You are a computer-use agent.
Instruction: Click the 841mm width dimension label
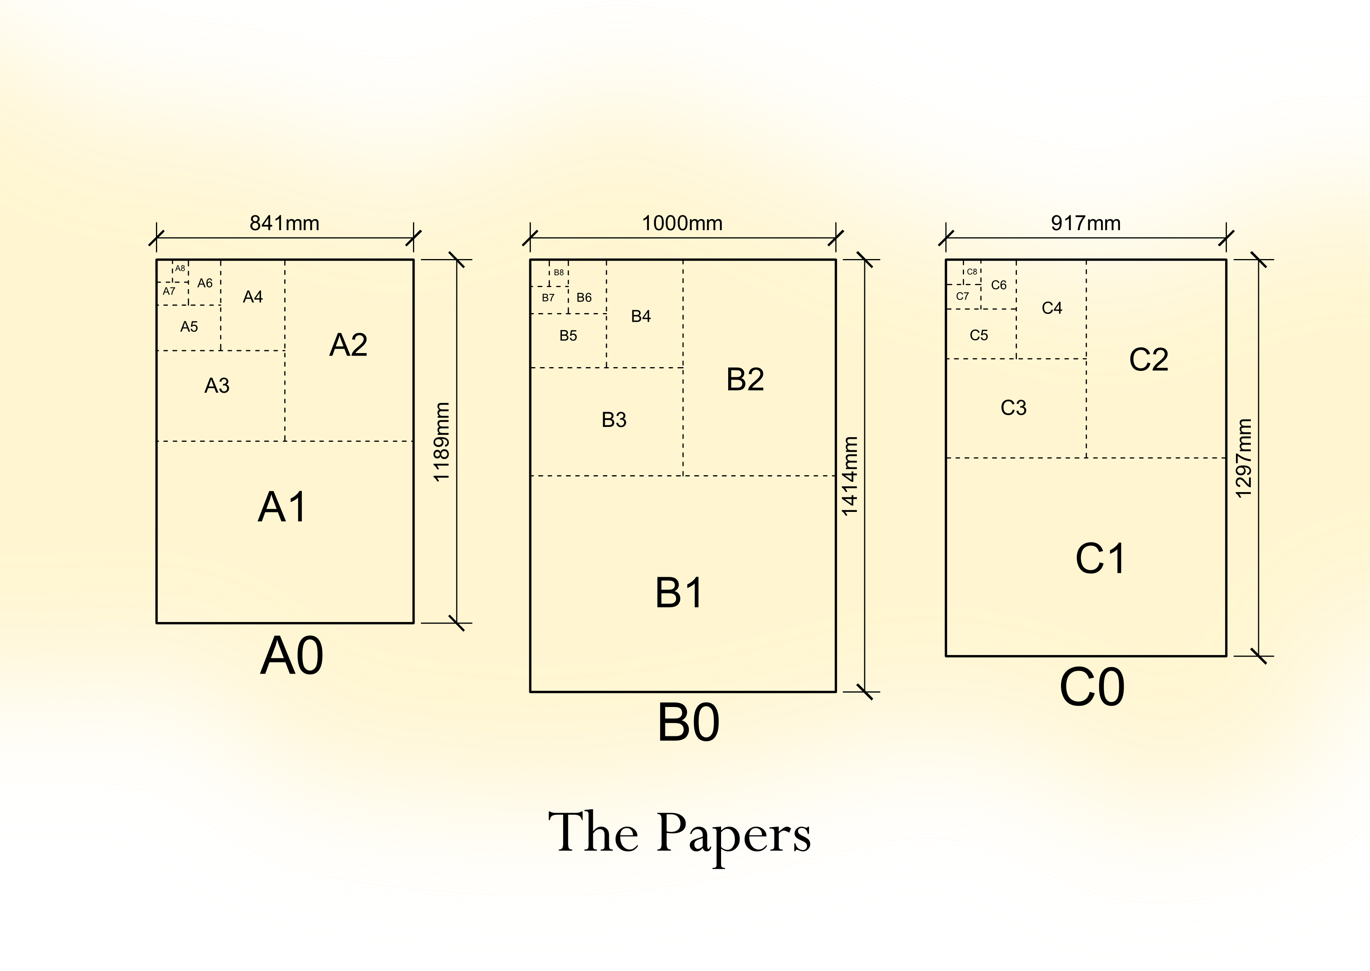click(x=284, y=224)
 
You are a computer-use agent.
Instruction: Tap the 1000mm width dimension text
click(x=682, y=224)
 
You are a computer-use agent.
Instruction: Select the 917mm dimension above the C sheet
click(x=1085, y=224)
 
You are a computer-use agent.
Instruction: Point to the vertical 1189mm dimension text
click(x=441, y=442)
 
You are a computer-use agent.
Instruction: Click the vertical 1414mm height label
click(x=850, y=476)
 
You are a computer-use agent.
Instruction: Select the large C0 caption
click(x=1092, y=688)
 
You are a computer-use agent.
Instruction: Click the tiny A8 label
click(x=180, y=269)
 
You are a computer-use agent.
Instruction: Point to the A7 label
click(x=169, y=291)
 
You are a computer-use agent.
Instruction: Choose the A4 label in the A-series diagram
click(x=253, y=297)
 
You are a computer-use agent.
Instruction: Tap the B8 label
click(x=559, y=272)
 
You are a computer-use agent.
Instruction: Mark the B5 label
click(x=568, y=335)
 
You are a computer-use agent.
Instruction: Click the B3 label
click(x=614, y=420)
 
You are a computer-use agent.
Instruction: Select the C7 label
click(x=962, y=296)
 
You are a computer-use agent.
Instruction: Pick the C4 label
click(x=1052, y=308)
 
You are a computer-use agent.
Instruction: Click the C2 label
click(x=1149, y=359)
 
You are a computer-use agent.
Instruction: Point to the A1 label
click(x=282, y=507)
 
